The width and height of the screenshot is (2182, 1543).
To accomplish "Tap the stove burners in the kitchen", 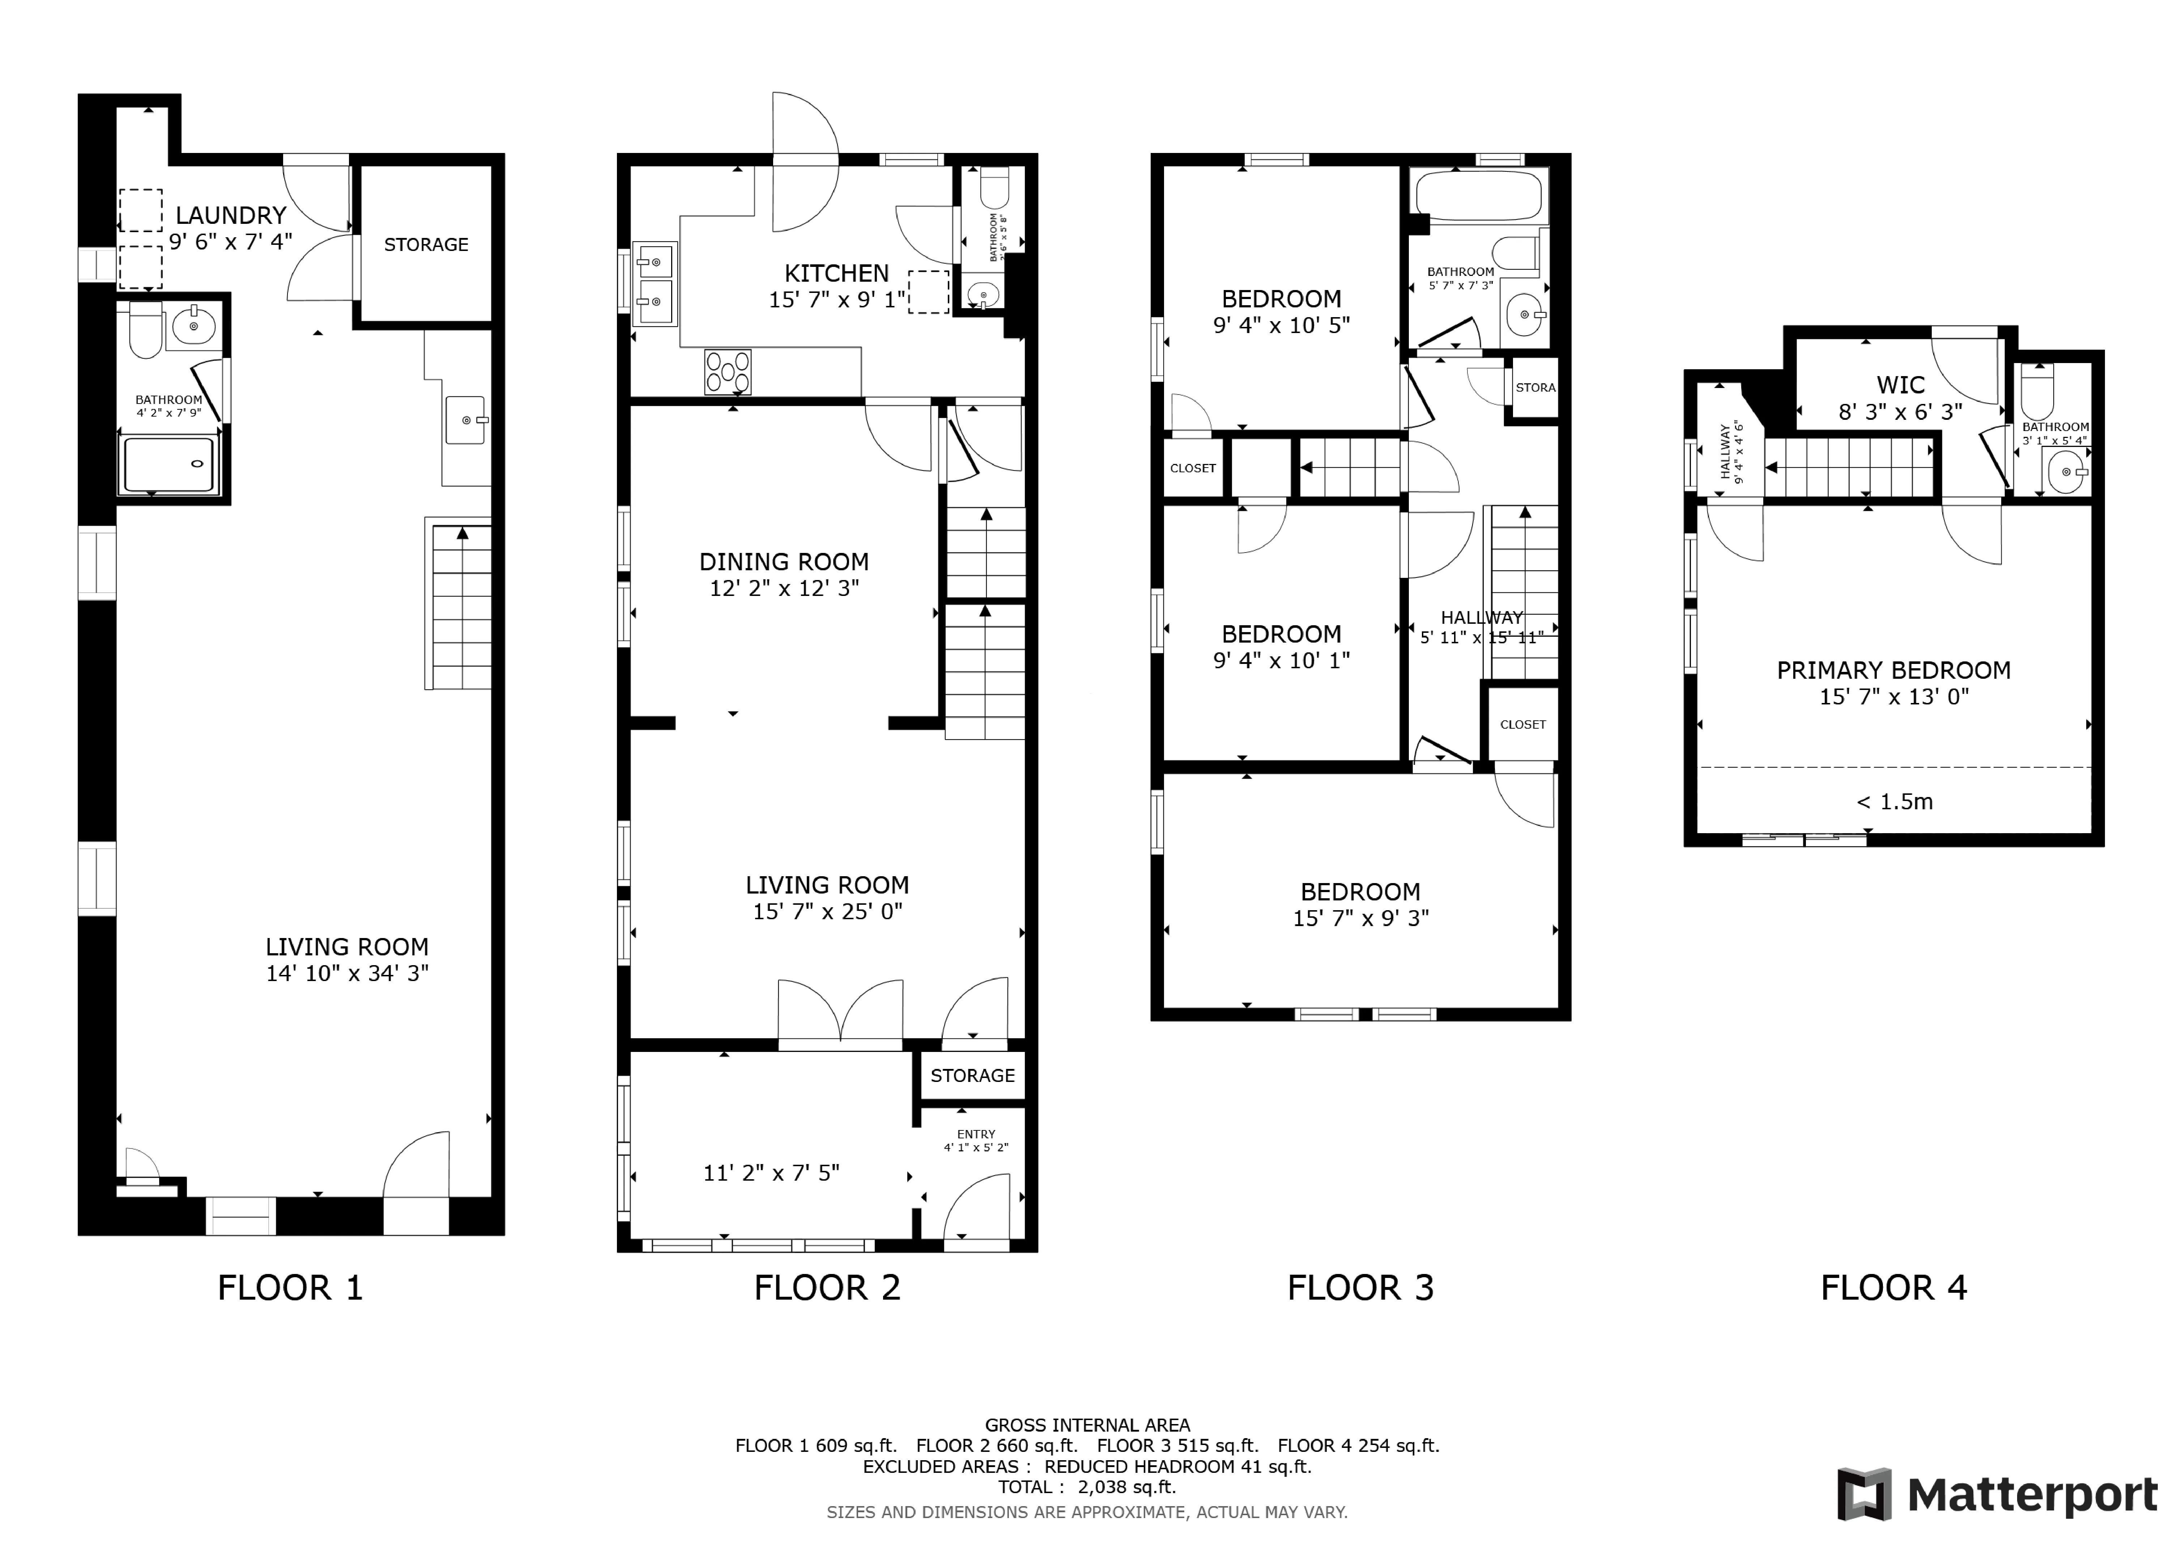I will click(727, 371).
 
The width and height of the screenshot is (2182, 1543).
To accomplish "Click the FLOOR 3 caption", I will click(1360, 1287).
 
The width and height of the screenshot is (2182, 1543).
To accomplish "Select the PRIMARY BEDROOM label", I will click(1893, 670).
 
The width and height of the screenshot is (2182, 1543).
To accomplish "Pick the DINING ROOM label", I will click(784, 562).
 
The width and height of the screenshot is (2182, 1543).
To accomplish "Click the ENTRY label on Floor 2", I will click(976, 1134).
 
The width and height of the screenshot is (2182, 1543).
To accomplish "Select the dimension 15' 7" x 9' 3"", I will click(1360, 918).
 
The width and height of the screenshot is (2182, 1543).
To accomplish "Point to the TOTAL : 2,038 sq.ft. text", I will click(1086, 1487).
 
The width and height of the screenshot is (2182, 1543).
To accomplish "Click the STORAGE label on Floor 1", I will click(426, 244).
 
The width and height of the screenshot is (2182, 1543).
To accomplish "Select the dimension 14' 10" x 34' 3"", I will click(347, 973).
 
